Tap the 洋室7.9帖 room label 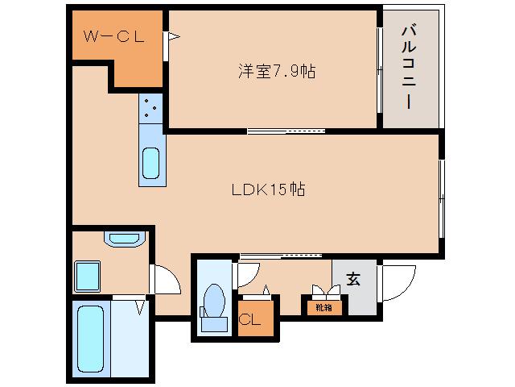click(275, 72)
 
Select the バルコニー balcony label click(410, 69)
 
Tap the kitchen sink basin click(150, 162)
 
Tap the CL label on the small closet click(250, 319)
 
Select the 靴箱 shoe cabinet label click(323, 307)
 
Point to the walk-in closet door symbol click(171, 36)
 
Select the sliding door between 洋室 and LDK click(286, 131)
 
